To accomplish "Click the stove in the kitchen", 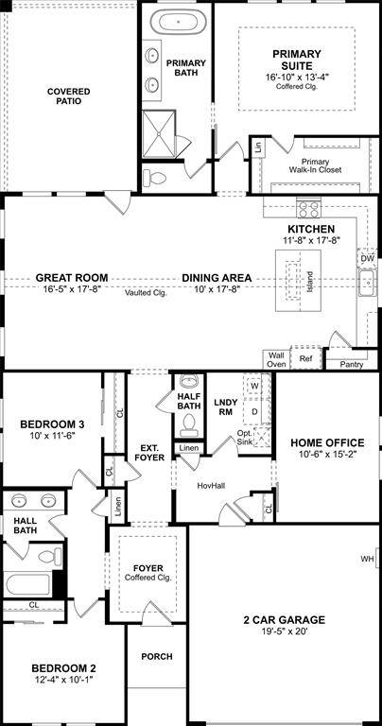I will click(309, 209).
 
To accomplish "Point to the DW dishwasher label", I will click(367, 257).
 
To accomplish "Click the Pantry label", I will click(351, 363).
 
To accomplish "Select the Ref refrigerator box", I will click(305, 359).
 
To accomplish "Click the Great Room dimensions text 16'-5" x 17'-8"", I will click(71, 291).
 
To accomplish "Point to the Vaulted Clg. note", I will click(145, 292).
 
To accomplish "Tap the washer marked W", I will click(253, 387).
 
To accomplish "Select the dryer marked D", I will click(253, 412).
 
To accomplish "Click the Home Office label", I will click(326, 441).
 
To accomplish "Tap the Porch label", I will click(156, 656).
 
